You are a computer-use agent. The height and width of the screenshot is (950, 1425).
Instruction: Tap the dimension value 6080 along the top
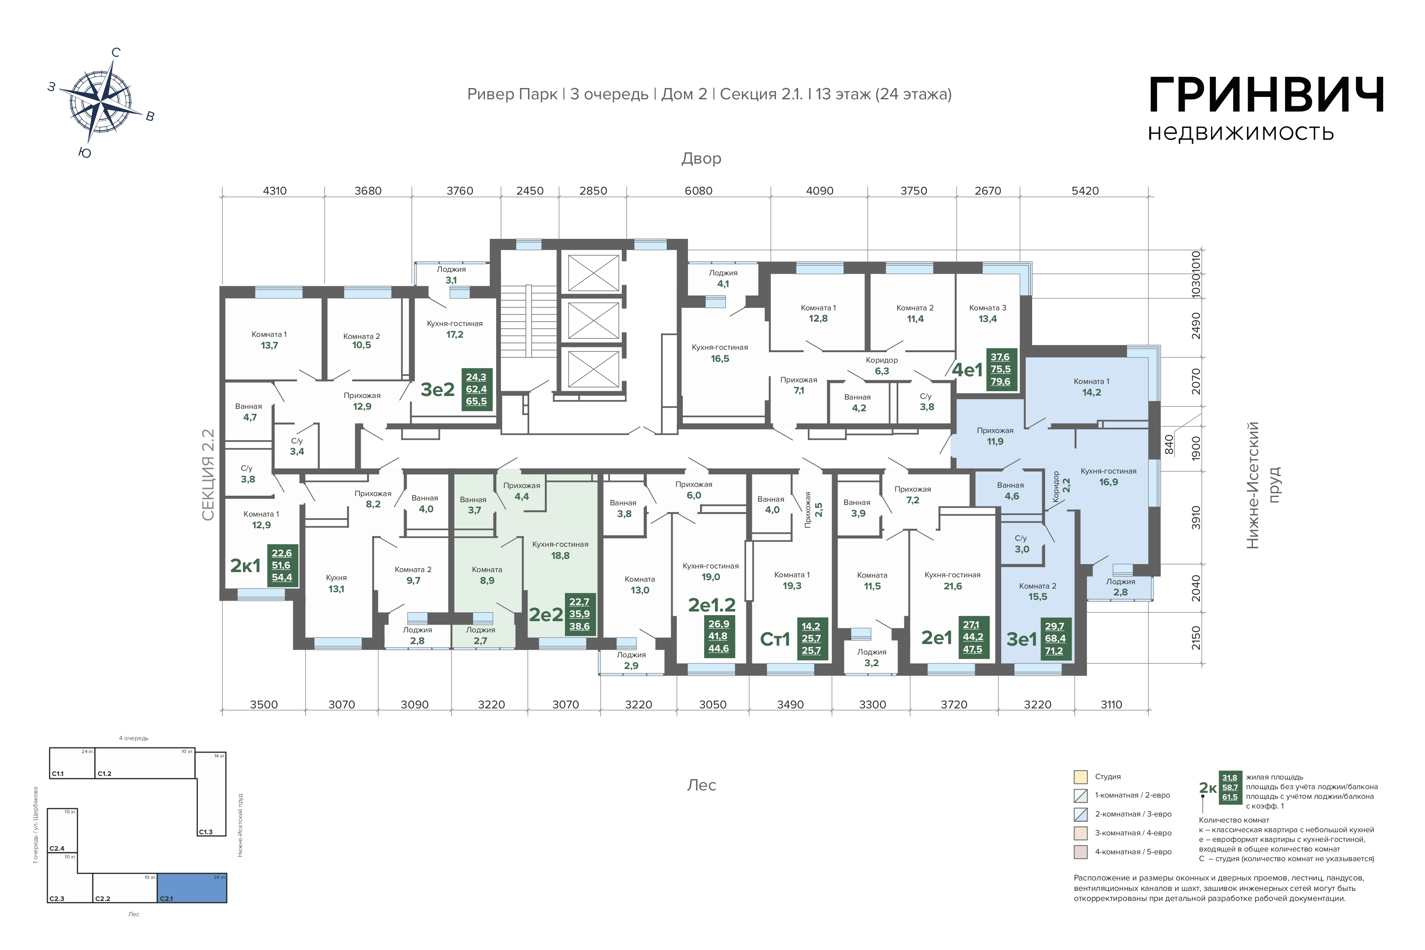(x=698, y=191)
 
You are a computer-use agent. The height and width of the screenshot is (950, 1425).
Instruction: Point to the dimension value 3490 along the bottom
(x=790, y=705)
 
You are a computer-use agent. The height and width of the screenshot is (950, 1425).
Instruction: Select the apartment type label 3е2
(x=437, y=390)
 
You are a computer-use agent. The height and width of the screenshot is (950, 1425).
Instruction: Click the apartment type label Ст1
(x=775, y=639)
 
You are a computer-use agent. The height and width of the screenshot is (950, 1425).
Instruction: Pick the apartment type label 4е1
(x=967, y=369)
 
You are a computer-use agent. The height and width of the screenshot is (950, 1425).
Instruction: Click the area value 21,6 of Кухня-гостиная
(x=953, y=586)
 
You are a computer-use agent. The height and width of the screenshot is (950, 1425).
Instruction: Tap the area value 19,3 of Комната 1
(x=792, y=586)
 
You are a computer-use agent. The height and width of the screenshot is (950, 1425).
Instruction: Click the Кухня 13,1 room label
(x=336, y=583)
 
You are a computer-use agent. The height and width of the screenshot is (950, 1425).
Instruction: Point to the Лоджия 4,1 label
(x=723, y=278)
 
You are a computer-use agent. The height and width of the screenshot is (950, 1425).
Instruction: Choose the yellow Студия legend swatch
(x=1080, y=777)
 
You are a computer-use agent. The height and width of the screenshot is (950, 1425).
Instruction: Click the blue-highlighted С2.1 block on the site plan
(x=192, y=888)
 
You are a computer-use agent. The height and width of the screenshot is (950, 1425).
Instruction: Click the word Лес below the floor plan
(x=702, y=785)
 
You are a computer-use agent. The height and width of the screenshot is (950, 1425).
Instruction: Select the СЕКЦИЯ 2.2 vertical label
(x=208, y=475)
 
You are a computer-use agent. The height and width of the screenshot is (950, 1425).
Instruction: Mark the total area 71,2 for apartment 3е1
(x=1054, y=651)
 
